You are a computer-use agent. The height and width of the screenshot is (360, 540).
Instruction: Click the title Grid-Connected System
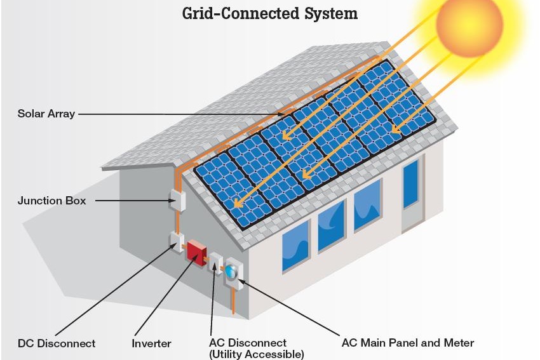(x=270, y=13)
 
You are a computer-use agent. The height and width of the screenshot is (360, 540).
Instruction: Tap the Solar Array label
(x=46, y=114)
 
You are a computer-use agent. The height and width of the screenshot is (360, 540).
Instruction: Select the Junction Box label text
(x=51, y=201)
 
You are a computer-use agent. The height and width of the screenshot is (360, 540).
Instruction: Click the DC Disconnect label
(x=57, y=343)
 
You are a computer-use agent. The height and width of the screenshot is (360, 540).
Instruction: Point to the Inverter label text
(x=151, y=343)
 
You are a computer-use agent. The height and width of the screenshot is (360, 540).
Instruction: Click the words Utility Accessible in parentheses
(x=257, y=354)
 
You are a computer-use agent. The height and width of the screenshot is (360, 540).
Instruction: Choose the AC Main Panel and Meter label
(x=408, y=343)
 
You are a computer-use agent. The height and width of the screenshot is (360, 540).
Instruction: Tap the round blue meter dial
(x=231, y=271)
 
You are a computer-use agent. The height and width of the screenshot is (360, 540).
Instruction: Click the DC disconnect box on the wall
(x=176, y=242)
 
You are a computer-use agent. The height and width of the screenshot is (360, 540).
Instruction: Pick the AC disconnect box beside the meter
(x=215, y=263)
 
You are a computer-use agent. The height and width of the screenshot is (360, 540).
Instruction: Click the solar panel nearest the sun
(x=410, y=108)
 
